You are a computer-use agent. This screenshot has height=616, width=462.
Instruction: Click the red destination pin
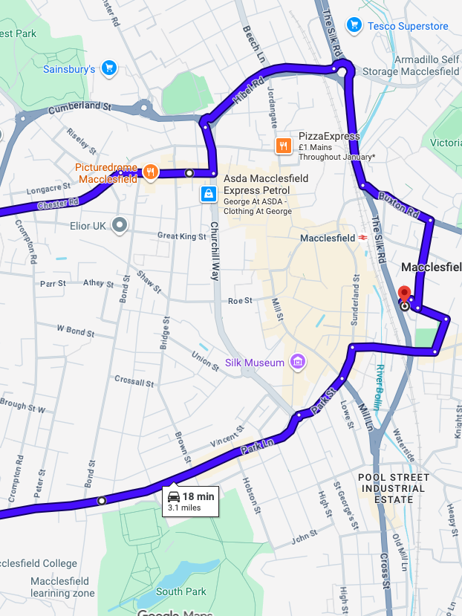pyautogui.click(x=404, y=294)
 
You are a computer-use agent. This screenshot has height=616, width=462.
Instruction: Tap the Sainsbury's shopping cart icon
pyautogui.click(x=109, y=68)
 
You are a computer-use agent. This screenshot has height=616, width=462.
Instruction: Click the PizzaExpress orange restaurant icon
pyautogui.click(x=283, y=146)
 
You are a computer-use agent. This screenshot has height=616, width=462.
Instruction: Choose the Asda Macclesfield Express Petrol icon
pyautogui.click(x=209, y=194)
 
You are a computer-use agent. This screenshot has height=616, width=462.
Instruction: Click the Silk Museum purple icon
pyautogui.click(x=298, y=363)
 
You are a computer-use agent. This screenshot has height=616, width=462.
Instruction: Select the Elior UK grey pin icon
pyautogui.click(x=120, y=224)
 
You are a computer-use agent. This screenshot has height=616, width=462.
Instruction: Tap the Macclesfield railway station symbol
pyautogui.click(x=363, y=238)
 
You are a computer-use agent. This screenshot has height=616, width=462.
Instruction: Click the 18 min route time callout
pyautogui.click(x=191, y=502)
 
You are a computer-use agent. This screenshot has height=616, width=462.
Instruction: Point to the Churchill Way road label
pyautogui.click(x=214, y=250)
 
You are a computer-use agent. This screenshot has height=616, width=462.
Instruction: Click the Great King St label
pyautogui.click(x=181, y=236)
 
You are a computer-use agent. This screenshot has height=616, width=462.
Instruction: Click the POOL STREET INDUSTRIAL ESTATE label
pyautogui.click(x=393, y=488)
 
